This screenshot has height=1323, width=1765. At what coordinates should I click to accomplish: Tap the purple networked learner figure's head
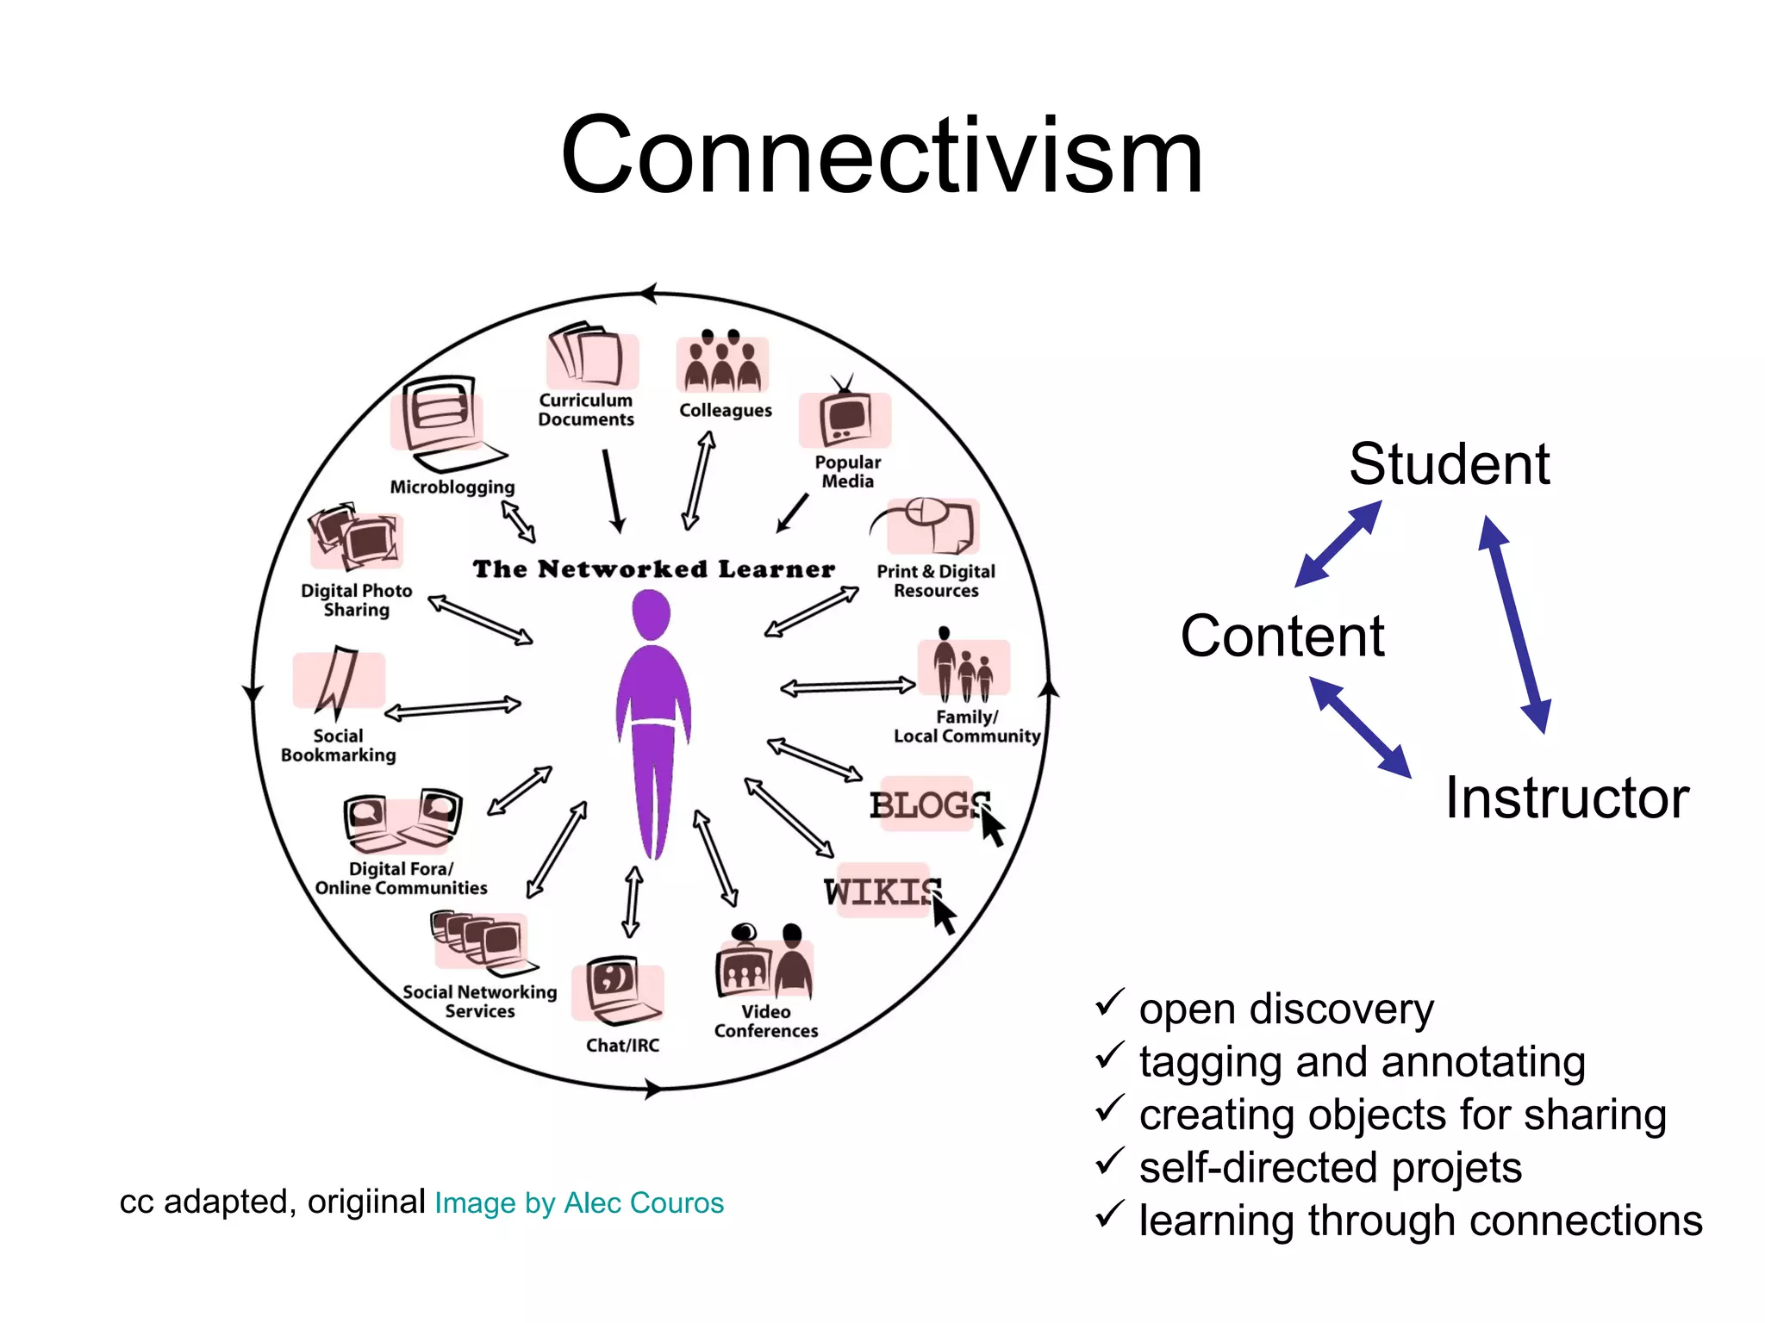click(x=652, y=613)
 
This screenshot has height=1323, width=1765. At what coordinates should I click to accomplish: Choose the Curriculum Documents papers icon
click(x=589, y=356)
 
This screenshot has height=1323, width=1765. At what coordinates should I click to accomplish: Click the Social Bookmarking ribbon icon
click(x=337, y=680)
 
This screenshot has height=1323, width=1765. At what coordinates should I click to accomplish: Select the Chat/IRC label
click(x=622, y=1045)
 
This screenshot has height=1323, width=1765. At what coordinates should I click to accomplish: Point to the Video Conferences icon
click(x=764, y=963)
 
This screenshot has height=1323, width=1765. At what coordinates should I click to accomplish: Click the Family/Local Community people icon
click(x=964, y=668)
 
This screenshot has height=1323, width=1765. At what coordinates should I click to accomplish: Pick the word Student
click(x=1450, y=464)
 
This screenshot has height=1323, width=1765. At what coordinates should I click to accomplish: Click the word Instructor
click(x=1567, y=798)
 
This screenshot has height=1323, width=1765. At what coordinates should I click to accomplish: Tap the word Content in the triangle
click(x=1282, y=637)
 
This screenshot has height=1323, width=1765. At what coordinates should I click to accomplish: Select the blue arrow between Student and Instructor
click(x=1515, y=624)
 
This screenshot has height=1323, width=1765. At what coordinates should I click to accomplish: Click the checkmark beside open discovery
click(x=1109, y=1003)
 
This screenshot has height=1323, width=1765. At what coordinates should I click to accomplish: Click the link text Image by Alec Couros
click(x=579, y=1202)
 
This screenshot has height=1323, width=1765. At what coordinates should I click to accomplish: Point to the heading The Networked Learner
click(x=654, y=569)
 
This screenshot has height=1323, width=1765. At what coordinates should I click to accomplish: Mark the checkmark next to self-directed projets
click(x=1109, y=1162)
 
